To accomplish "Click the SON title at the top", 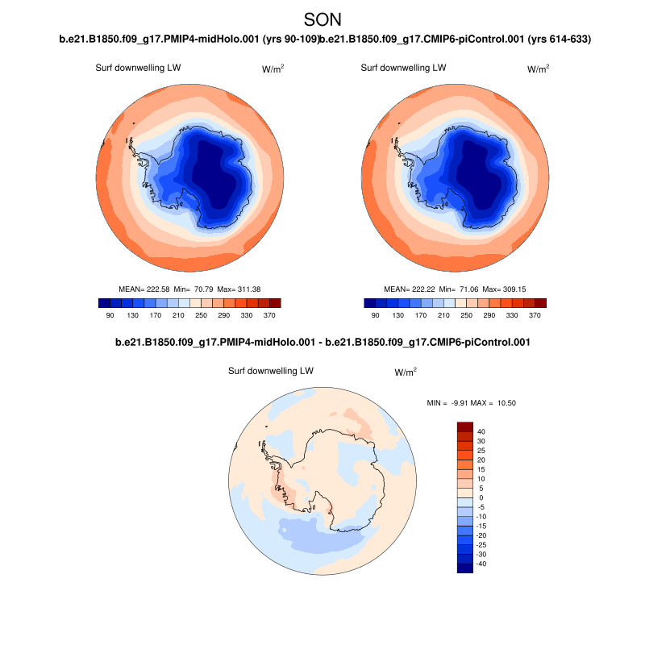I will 322,19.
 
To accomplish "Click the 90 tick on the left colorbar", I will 110,314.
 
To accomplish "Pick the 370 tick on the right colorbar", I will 534,314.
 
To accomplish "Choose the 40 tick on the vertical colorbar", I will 481,432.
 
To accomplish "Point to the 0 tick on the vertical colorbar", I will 481,497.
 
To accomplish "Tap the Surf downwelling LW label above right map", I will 403,68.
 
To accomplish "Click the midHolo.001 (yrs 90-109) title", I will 189,39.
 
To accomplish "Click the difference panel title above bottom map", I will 322,343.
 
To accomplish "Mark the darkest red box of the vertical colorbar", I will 465,427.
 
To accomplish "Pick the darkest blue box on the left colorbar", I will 105,302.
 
